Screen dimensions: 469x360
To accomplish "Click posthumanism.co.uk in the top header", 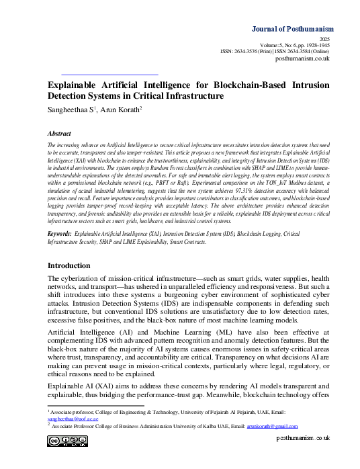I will (x=303, y=59).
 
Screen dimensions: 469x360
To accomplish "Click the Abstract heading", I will (x=59, y=134).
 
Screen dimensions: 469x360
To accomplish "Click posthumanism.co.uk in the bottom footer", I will (x=304, y=437).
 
